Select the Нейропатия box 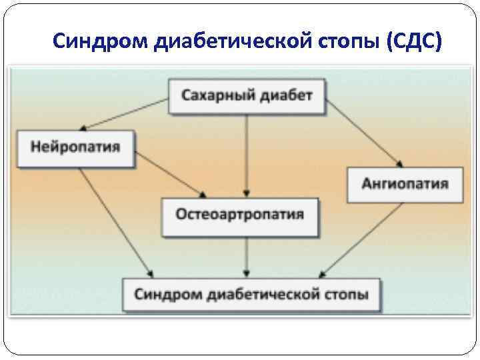[x=75, y=148]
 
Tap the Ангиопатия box [x=404, y=183]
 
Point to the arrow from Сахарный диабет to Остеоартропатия [x=247, y=153]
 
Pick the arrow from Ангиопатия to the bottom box [x=363, y=240]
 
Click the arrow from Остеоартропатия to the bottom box [x=247, y=257]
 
